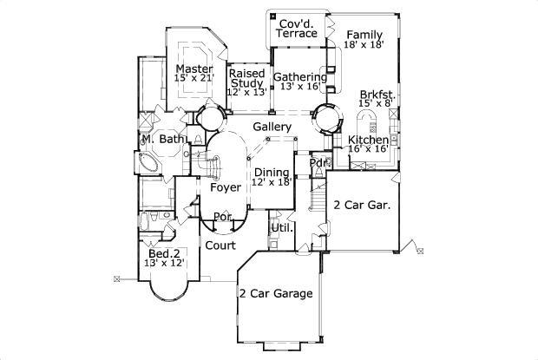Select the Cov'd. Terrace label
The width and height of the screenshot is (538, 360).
[x=297, y=27]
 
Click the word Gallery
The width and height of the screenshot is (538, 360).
[x=271, y=128]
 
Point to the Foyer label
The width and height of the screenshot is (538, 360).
[x=225, y=187]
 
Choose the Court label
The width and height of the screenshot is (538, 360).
[x=220, y=245]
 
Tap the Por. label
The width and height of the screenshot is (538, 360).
[x=222, y=217]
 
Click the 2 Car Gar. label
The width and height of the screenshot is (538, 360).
[x=361, y=206]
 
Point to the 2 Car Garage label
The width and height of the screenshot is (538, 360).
[x=276, y=292]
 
